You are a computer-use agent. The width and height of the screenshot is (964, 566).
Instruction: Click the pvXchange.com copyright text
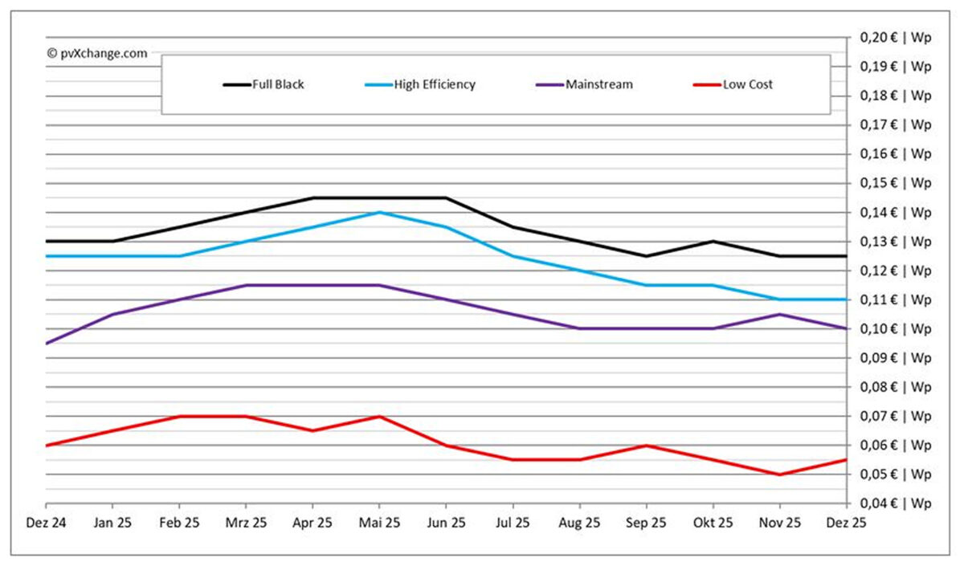97,53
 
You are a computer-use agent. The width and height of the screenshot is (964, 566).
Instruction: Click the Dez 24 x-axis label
47,523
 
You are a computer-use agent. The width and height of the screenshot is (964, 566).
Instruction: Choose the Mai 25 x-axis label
379,523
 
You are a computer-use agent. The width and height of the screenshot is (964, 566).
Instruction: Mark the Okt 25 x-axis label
713,523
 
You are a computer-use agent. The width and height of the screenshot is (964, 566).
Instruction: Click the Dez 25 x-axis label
846,523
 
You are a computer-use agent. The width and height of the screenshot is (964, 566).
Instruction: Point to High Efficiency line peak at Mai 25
379,212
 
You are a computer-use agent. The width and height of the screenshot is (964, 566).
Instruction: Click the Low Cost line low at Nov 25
780,474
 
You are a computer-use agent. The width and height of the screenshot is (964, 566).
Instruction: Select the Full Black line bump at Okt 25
713,241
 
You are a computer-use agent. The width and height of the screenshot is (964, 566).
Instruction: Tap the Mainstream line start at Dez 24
47,344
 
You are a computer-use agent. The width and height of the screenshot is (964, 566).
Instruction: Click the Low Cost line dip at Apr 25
312,431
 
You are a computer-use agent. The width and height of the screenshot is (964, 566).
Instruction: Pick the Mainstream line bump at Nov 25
780,314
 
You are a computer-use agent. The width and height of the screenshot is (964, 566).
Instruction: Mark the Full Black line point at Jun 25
446,197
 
